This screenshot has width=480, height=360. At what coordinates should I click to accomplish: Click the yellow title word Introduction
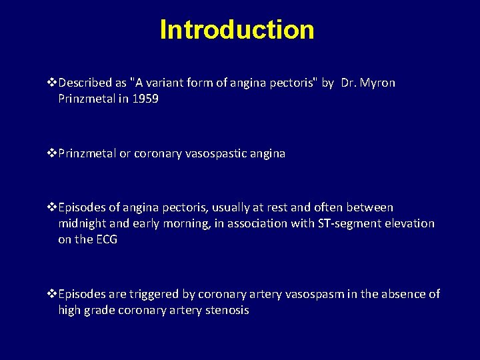click(x=237, y=29)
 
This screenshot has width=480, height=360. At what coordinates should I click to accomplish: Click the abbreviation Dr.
click(x=347, y=83)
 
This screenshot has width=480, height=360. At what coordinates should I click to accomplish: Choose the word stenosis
click(x=225, y=310)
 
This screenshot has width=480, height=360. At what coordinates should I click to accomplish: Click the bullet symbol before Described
click(x=52, y=83)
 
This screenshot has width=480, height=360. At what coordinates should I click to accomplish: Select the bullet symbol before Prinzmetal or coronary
click(x=52, y=153)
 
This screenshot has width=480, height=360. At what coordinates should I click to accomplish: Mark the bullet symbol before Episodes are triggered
click(x=52, y=295)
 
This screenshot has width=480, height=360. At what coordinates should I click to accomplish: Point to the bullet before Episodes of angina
click(x=52, y=208)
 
